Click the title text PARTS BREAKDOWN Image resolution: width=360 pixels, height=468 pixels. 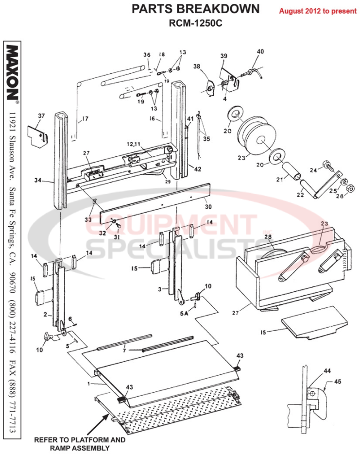[196, 9]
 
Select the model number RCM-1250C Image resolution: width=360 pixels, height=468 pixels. [195, 22]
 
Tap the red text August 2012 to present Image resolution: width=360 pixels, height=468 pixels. [318, 11]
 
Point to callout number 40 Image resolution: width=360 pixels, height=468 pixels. [260, 51]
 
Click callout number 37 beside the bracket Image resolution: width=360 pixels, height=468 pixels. [41, 116]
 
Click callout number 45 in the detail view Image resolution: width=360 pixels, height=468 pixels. [338, 382]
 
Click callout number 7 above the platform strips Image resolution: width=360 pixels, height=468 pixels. [124, 350]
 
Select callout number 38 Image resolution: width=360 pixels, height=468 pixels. [197, 67]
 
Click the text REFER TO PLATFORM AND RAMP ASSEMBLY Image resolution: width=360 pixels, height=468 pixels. [79, 444]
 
